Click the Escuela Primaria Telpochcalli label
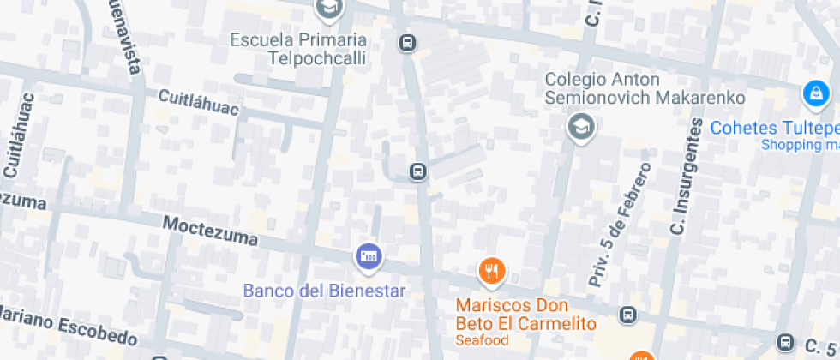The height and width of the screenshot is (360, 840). pos(298,49)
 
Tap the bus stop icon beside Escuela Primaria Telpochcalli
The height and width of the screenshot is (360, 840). pos(408,42)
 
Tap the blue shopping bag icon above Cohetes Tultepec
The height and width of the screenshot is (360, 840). pos(814,93)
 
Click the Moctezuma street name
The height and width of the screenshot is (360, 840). pos(209,230)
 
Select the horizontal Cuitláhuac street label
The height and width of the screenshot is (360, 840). pos(197,102)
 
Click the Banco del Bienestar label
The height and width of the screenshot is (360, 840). pos(324,291)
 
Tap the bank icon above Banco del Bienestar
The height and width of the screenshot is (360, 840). pos(369,255)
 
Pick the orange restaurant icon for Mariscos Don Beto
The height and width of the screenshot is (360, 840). pos(491,272)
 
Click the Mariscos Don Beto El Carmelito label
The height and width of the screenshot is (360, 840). pos(525,315)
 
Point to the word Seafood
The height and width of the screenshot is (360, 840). pos(483,340)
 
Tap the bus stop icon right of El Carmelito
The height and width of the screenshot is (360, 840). pos(629,315)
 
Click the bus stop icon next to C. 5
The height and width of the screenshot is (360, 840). pos(784,341)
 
